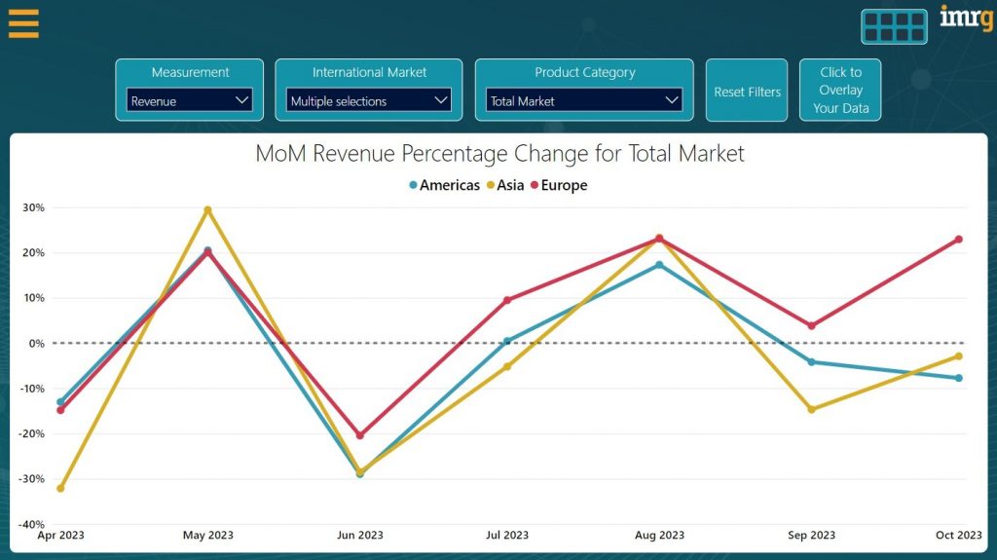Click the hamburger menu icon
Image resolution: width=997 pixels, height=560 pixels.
(x=23, y=23)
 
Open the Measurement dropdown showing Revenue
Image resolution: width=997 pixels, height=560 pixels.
(x=190, y=100)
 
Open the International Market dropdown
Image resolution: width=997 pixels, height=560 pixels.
(x=369, y=100)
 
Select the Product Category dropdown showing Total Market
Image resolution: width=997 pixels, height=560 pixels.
(x=584, y=100)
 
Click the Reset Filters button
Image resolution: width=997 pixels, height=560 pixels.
(x=747, y=92)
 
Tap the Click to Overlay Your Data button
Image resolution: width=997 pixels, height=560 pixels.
(x=840, y=91)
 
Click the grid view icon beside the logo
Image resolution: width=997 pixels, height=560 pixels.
(x=894, y=26)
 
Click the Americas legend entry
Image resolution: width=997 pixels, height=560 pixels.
(x=444, y=185)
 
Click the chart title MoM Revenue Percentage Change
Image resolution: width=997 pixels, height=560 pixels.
(x=499, y=154)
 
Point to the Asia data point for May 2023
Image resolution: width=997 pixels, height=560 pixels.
(x=207, y=209)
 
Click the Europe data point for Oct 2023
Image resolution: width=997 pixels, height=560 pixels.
(x=958, y=240)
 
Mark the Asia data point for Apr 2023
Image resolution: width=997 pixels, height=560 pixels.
(x=60, y=488)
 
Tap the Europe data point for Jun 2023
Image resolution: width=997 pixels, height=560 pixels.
(x=360, y=435)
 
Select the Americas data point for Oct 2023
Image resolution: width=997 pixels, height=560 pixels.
(x=958, y=378)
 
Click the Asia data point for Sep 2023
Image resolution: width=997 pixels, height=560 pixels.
(x=811, y=409)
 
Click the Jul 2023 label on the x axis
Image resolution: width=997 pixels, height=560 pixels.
(x=506, y=535)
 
